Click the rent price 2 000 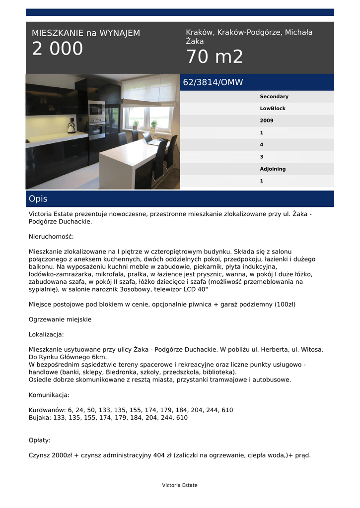coord(58,49)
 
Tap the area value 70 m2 coord(215,58)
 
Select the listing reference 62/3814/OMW coord(213,83)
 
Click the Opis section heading coord(38,199)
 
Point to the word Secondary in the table coord(274,97)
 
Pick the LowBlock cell coord(273,109)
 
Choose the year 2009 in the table coord(267,121)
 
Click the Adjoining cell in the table coord(273,169)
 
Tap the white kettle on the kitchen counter coord(71,128)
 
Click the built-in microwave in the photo coord(96,109)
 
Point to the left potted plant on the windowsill coord(135,124)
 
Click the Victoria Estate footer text coord(180,485)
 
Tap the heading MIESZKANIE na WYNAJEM coord(86,33)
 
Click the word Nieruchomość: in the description coord(51,237)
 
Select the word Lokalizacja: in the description coord(46,335)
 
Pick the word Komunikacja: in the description coord(49,395)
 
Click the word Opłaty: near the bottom coord(40,440)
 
